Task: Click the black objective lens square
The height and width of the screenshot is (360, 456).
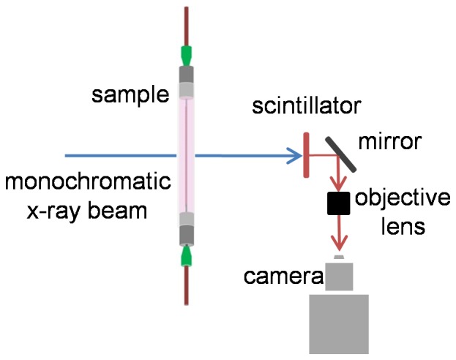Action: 338,204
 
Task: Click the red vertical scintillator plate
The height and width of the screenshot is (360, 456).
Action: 304,154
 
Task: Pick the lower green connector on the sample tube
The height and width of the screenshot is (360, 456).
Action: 187,256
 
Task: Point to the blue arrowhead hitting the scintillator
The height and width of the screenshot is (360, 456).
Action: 294,155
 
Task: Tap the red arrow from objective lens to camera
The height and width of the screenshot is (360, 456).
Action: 338,236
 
